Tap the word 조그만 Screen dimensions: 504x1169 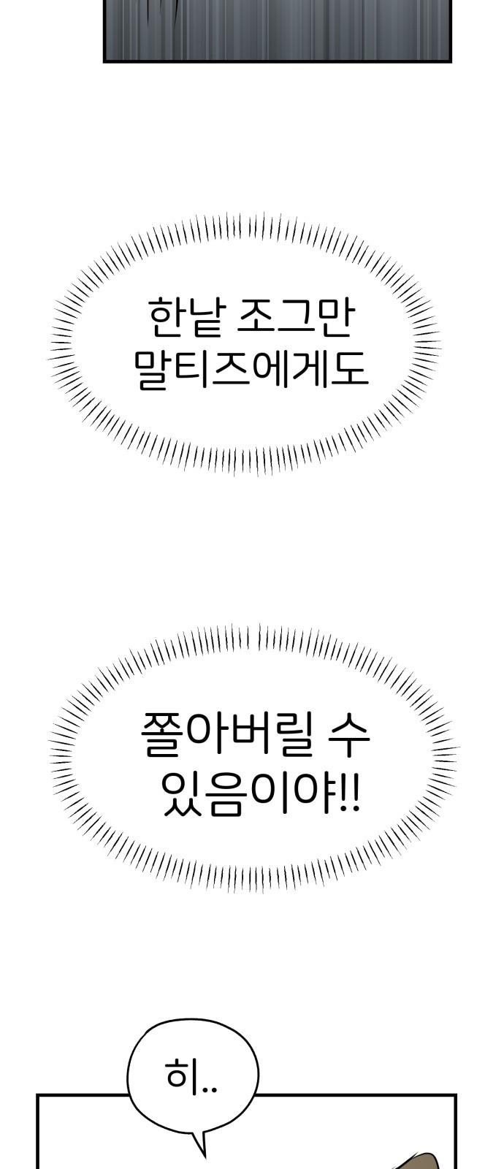click(x=296, y=318)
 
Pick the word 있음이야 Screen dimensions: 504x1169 click(x=247, y=796)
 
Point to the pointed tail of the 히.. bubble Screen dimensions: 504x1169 click(x=204, y=1155)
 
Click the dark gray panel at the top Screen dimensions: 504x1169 click(x=277, y=31)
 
